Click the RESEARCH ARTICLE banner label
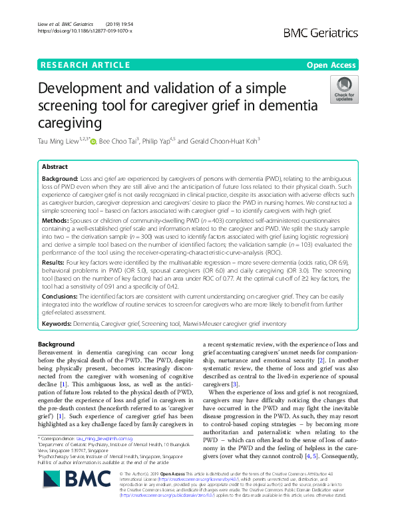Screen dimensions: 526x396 [85, 65]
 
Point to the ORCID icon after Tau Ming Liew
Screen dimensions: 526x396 [93, 141]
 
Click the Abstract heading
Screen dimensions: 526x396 [55, 167]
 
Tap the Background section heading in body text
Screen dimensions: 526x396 [57, 344]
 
